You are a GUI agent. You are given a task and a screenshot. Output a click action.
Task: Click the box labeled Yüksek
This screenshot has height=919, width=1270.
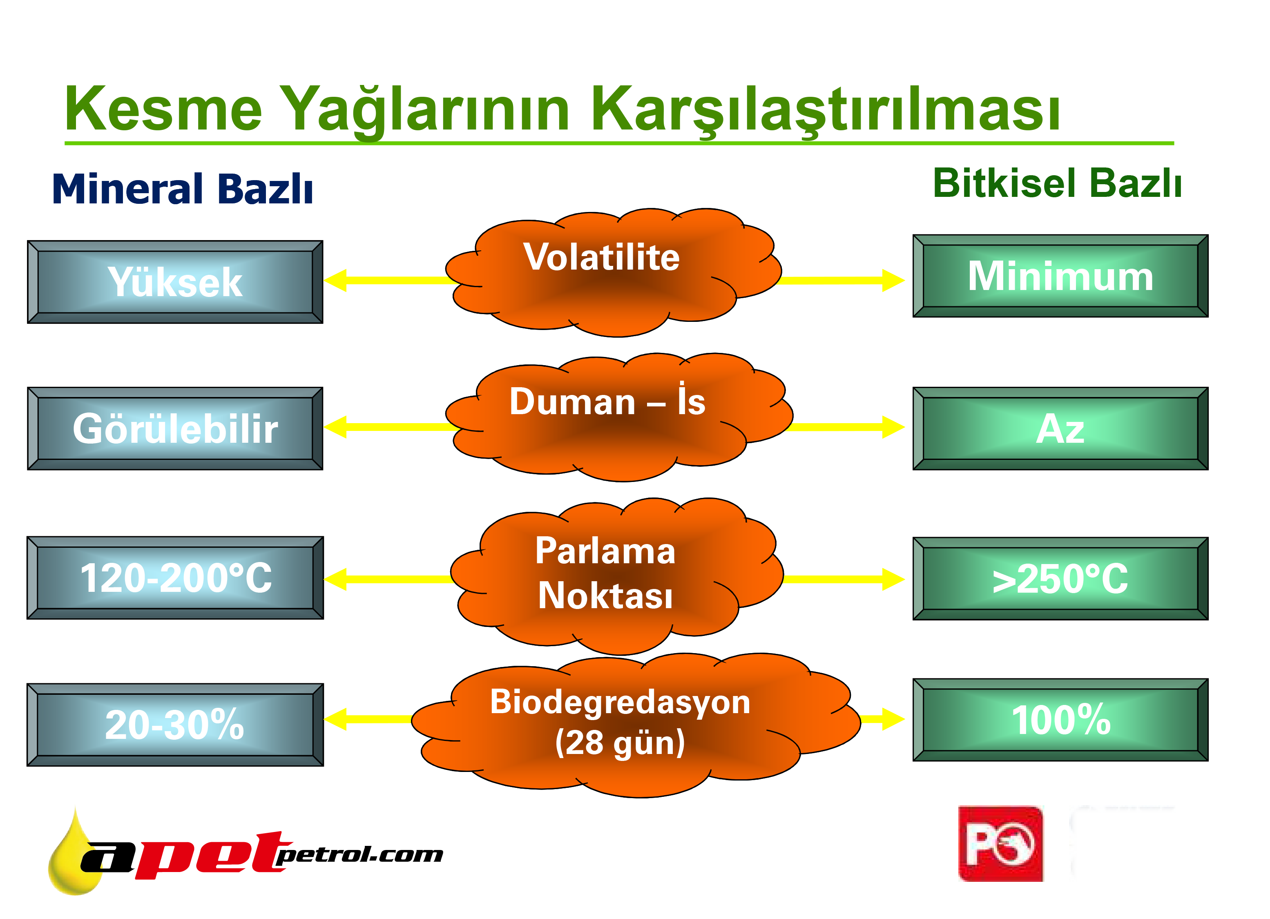tap(175, 282)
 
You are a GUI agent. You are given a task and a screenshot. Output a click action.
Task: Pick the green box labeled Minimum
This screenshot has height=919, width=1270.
tap(1060, 276)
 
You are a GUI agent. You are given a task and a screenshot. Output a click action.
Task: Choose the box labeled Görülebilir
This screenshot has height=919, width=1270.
tap(175, 428)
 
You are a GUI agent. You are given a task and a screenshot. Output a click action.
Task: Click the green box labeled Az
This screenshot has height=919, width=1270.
tap(1060, 428)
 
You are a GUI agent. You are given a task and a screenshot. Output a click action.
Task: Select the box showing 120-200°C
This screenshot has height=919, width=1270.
tap(175, 578)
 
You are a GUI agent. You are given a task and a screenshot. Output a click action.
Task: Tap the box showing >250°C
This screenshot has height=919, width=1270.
tap(1060, 578)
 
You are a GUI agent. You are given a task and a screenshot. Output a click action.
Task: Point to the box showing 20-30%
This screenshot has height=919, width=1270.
tap(175, 725)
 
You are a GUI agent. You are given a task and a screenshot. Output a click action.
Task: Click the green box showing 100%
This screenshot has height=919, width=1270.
tap(1060, 720)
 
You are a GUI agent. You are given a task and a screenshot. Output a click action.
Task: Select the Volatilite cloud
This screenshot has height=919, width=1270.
tap(613, 273)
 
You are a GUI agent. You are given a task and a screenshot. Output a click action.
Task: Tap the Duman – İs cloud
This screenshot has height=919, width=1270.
tap(619, 417)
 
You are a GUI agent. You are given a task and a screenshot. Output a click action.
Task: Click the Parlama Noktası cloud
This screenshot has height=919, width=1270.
tap(616, 576)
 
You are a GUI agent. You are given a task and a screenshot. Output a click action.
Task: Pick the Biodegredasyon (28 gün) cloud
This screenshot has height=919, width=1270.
tap(636, 725)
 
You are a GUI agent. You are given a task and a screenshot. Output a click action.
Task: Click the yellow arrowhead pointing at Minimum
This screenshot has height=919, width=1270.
tap(894, 281)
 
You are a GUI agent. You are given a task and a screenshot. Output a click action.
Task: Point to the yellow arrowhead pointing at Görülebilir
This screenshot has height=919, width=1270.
tap(335, 427)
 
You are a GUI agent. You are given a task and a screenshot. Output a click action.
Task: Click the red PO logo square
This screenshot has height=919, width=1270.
tap(1001, 844)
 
